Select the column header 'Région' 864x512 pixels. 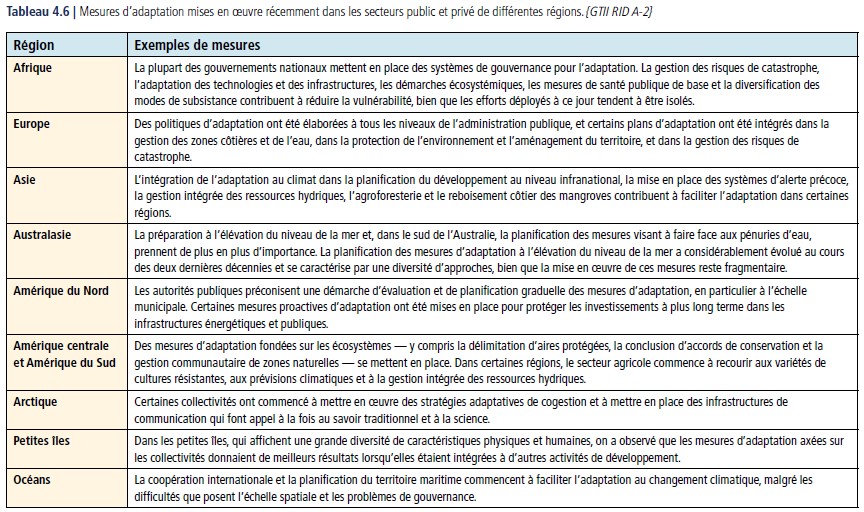pos(34,46)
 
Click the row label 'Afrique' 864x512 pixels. pos(33,67)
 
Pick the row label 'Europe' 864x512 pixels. pos(32,124)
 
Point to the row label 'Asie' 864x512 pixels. pos(26,180)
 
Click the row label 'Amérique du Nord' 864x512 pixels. pos(61,290)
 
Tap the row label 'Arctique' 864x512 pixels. pos(36,401)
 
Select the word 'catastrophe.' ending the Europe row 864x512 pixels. pos(164,157)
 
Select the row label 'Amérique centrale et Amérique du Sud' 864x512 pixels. pos(67,353)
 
